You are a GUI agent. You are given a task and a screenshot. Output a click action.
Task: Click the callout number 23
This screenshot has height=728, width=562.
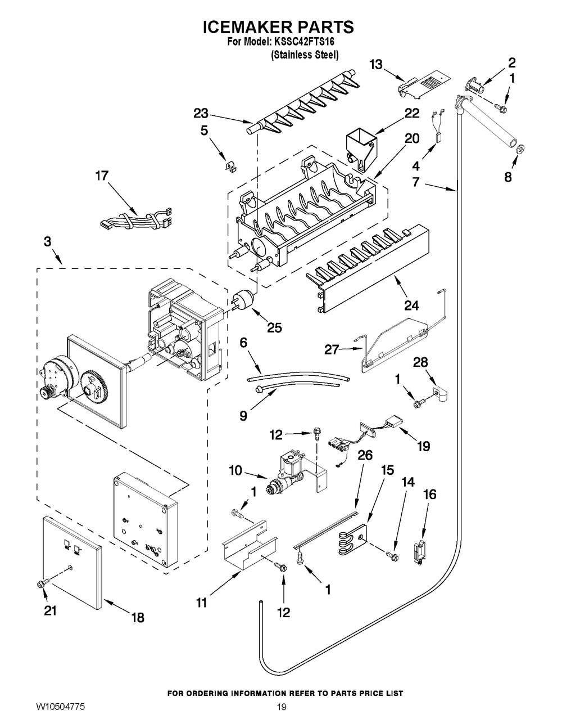(x=201, y=113)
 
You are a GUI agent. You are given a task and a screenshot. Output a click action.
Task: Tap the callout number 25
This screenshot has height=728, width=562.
(x=275, y=327)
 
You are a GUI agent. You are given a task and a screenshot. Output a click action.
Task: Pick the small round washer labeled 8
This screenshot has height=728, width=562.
(x=520, y=149)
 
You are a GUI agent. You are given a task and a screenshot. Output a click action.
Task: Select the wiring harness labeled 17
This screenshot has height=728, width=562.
(x=135, y=219)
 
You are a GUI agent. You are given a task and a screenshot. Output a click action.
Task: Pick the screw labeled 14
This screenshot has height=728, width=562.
(x=392, y=556)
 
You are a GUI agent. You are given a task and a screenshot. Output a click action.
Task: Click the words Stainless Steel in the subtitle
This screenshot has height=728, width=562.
(x=305, y=55)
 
